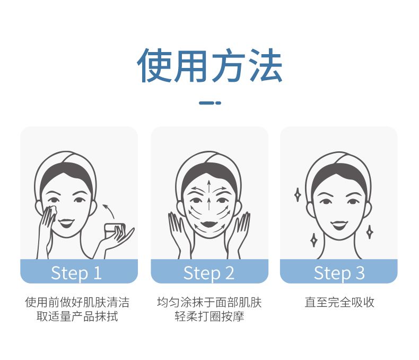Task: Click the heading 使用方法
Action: coord(210,65)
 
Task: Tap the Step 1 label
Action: coord(76,273)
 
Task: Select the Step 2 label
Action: coord(208,273)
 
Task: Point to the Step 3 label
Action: coord(339,273)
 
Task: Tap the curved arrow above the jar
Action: coord(109,211)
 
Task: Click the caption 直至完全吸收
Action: coord(339,302)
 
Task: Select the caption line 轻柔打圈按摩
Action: coord(209,316)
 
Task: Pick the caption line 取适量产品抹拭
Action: coord(77,316)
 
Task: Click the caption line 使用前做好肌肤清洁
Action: coord(77,302)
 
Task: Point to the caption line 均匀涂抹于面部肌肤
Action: coord(209,302)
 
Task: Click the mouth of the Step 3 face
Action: coord(339,226)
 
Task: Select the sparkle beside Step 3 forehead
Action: coord(298,194)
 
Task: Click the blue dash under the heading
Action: coord(210,102)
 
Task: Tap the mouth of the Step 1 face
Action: coord(66,223)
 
